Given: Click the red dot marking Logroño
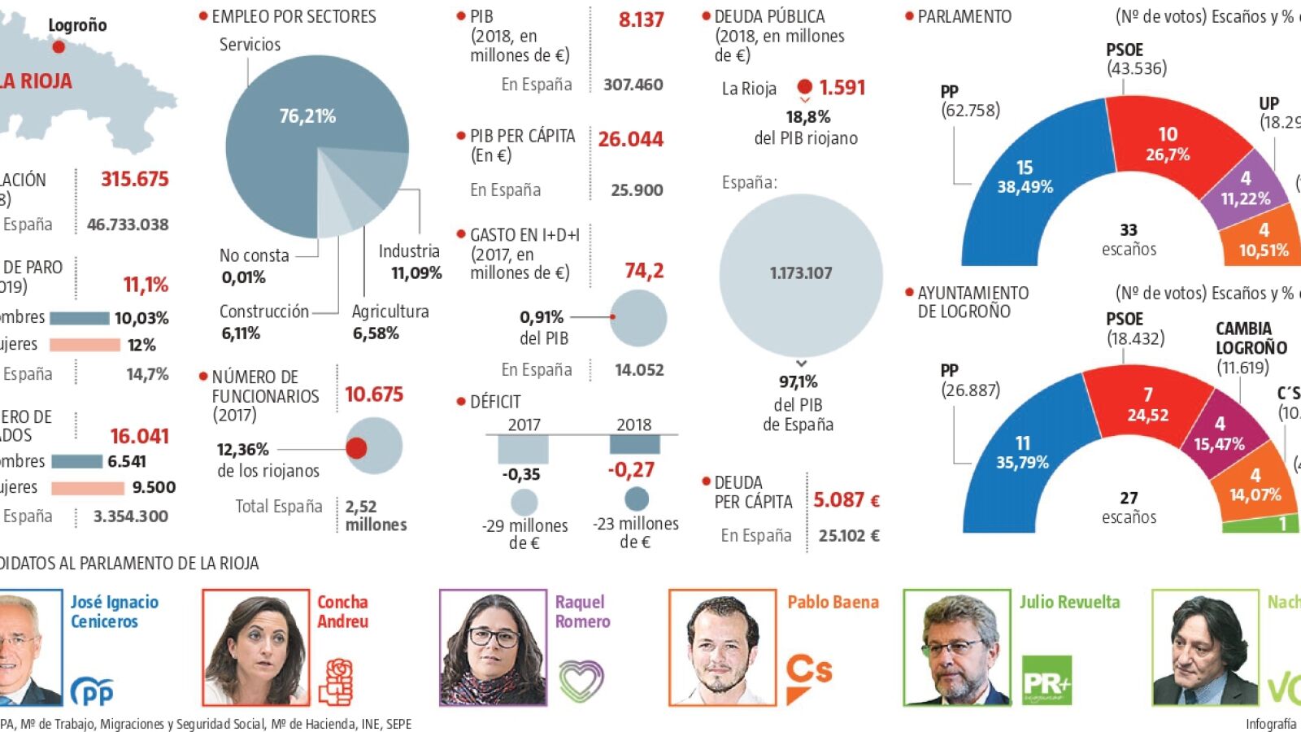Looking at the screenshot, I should point(59,47).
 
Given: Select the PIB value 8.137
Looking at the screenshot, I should point(641,20).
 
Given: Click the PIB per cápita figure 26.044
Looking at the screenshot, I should point(630,140).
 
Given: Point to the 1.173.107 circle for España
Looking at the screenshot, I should point(801,274).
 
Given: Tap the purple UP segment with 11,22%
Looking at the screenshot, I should point(1245,188).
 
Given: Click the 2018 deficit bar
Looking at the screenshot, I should point(634,445).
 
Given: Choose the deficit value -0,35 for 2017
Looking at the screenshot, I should point(521,474).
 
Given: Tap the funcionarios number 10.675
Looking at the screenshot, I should point(374,394).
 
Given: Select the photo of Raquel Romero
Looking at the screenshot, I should point(493,647).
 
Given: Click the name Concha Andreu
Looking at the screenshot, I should point(342,612).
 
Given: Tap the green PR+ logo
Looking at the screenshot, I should point(1046,680).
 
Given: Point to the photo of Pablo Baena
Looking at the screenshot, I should point(722,647).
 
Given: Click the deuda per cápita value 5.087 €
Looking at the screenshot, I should point(846,499).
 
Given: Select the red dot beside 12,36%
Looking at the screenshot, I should point(356,447).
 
